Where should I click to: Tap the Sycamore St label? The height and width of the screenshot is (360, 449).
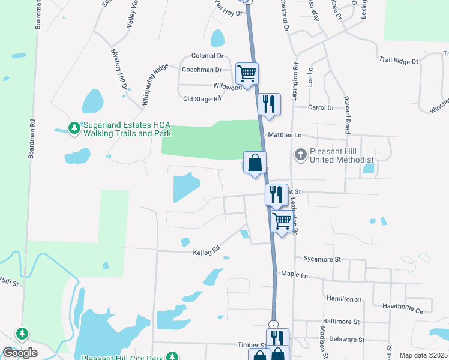[x=322, y=259]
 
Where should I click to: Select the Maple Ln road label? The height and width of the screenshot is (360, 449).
[x=294, y=275]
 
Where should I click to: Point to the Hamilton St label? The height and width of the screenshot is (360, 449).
[x=343, y=299]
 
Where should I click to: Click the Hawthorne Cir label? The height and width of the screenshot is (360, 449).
[x=403, y=311]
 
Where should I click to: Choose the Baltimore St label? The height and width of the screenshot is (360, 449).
[x=340, y=322]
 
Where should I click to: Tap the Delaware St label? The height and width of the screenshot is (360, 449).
[x=346, y=339]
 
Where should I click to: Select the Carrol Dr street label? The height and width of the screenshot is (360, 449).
[x=320, y=107]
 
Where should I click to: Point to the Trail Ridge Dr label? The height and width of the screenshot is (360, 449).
[x=398, y=61]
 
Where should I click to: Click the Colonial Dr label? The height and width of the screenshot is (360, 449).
[x=207, y=56]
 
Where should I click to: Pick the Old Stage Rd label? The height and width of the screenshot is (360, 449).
[x=202, y=99]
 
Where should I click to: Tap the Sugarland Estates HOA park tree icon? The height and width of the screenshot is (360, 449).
[x=74, y=128]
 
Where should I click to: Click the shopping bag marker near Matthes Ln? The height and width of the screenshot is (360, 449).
[x=255, y=162]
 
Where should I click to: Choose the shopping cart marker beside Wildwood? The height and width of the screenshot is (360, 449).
[x=247, y=73]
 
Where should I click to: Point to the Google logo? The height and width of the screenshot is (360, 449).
[x=20, y=353]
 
